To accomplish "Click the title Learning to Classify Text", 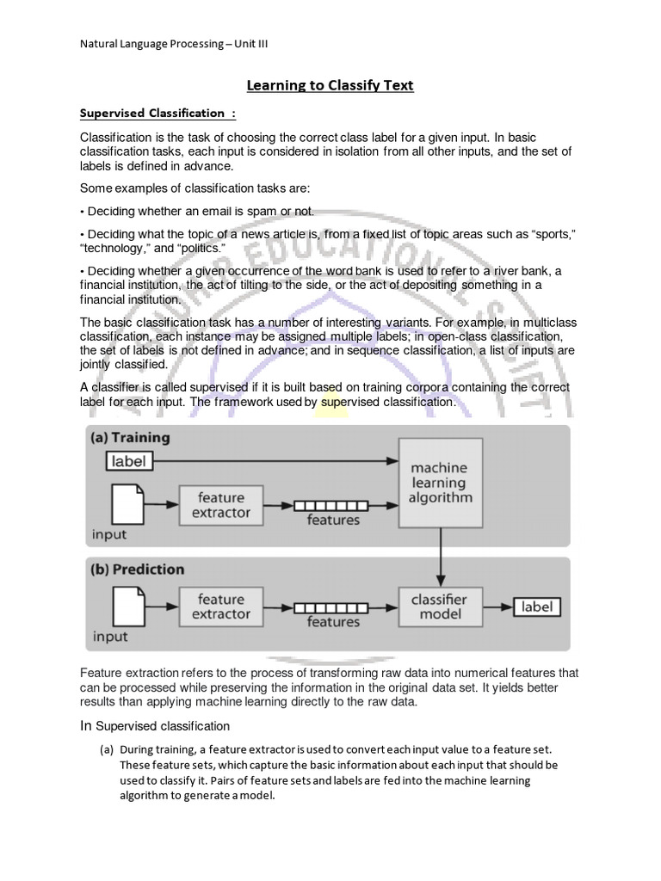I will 330,85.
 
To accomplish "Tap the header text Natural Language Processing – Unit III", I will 173,44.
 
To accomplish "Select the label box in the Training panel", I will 129,461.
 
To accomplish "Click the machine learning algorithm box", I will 440,483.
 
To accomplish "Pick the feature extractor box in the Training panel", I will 220,505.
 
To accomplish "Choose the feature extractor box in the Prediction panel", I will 220,607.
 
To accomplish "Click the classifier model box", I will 440,607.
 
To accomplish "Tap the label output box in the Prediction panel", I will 537,607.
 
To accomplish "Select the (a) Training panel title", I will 131,437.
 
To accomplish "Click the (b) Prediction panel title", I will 138,570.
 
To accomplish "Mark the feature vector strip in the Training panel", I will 331,505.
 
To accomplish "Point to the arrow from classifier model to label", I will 496,607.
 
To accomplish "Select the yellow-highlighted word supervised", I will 332,402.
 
